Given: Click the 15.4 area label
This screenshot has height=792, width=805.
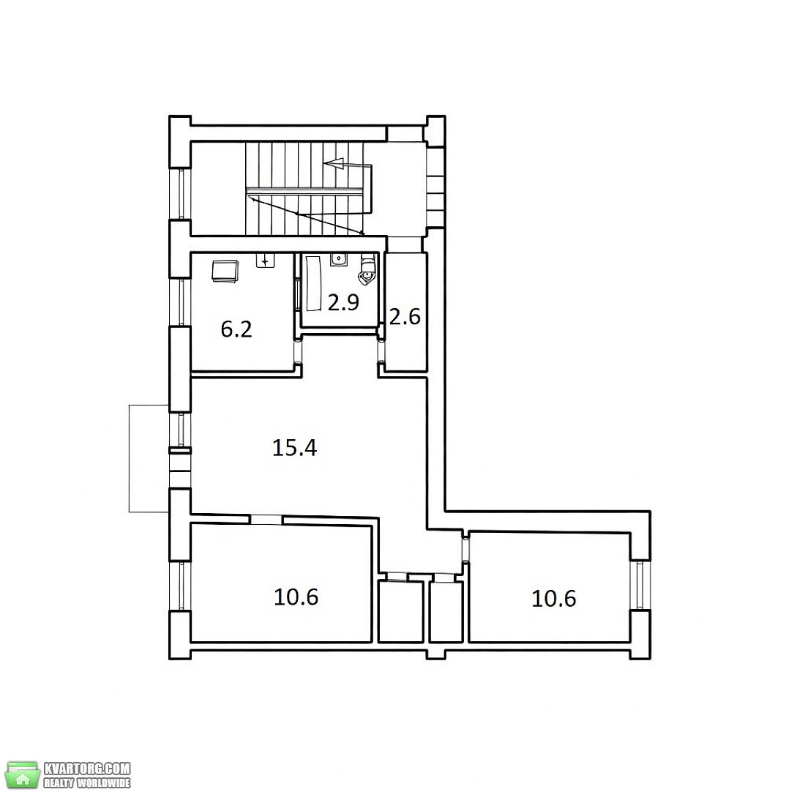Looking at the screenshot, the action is pos(294,448).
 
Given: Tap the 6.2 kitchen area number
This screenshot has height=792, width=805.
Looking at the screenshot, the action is pos(236,329).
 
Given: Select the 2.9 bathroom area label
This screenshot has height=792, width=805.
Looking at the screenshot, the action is pos(343,302).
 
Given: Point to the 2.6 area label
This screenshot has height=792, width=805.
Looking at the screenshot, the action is pos(405,317).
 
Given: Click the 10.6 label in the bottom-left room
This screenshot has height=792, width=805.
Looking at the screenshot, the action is pos(296,597).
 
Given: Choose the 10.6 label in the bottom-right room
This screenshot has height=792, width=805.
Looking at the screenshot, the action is pos(553,599).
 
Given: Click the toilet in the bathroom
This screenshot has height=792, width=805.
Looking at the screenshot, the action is pos(367,269).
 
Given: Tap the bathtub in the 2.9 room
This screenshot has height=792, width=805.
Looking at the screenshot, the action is pos(312,283).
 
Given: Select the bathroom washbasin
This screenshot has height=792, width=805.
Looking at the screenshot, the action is pos(338,259).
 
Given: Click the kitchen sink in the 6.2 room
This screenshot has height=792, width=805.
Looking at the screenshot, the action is pos(265,260).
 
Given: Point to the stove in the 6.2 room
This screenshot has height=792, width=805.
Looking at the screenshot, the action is pos(225,271).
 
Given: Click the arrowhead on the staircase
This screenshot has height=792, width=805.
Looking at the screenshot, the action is pos(334,164).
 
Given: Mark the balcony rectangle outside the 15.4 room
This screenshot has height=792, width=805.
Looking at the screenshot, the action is pos(149,458).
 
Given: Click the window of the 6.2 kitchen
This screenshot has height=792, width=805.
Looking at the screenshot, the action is pos(181,302).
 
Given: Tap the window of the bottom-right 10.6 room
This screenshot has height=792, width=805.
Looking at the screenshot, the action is pos(640,585).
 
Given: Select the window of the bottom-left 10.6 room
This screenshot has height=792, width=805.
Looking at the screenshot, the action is pos(181,586).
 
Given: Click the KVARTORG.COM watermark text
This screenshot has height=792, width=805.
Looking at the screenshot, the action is pos(87,769).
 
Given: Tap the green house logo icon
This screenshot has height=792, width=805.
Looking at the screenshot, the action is pos(22,775).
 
